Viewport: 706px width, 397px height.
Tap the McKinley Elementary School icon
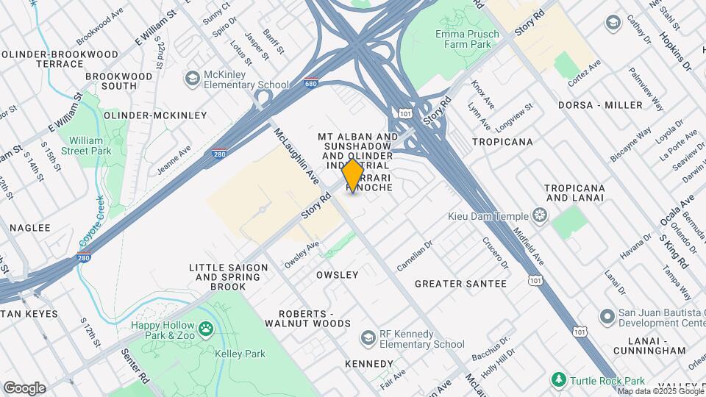coord(193,78)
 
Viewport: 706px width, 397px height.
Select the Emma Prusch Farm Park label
coord(467,39)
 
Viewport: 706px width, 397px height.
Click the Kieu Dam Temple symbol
coord(541,215)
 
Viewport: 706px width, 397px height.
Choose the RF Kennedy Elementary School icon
coord(368,337)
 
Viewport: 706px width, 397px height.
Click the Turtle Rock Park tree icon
coord(560,379)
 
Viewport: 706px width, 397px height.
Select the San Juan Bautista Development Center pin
coord(607,317)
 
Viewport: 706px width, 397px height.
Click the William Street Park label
coord(89,145)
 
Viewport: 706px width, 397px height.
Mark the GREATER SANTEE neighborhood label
coord(460,284)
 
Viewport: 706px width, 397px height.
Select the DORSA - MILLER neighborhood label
coord(600,105)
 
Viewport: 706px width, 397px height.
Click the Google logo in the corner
coord(24,387)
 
